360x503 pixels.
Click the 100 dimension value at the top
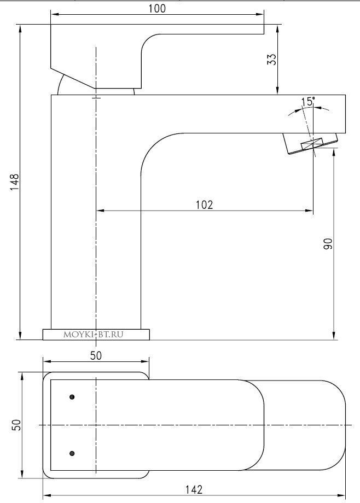[x=156, y=8]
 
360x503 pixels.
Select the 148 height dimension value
[x=15, y=182]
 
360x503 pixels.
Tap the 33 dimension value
[x=272, y=59]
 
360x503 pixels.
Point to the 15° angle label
[x=307, y=101]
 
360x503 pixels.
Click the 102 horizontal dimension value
[x=204, y=204]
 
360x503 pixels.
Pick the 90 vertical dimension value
[x=328, y=244]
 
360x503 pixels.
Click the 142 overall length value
[x=194, y=489]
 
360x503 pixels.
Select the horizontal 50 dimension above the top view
[x=96, y=355]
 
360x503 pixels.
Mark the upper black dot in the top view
[x=72, y=396]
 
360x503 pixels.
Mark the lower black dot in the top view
[x=72, y=453]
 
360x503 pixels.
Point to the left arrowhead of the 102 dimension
[x=100, y=210]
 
